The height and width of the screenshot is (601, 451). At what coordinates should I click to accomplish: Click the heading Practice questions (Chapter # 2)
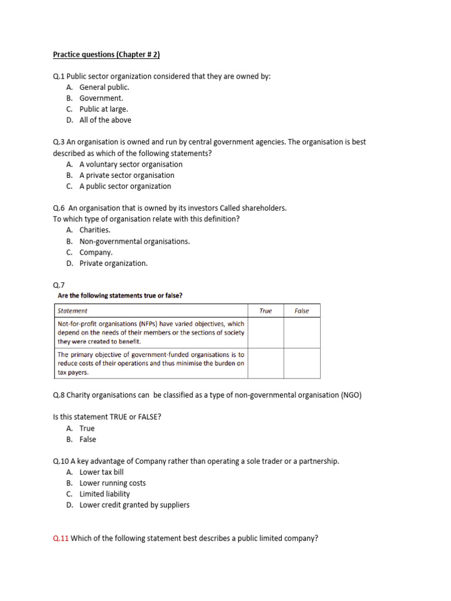pyautogui.click(x=106, y=55)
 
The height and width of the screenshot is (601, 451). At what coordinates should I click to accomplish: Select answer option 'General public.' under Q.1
pyautogui.click(x=105, y=87)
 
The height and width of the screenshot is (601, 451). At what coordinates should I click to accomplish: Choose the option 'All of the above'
pyautogui.click(x=105, y=120)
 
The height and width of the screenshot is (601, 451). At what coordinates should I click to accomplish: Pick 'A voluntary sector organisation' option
pyautogui.click(x=131, y=164)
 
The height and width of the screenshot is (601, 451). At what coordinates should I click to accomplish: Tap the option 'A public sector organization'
pyautogui.click(x=125, y=186)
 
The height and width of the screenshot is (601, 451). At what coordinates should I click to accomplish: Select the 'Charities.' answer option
pyautogui.click(x=95, y=230)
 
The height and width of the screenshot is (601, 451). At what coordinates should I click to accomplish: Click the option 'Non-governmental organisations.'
pyautogui.click(x=134, y=241)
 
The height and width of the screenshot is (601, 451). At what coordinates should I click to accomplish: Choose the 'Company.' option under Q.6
pyautogui.click(x=96, y=252)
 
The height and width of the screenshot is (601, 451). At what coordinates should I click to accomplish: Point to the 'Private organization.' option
pyautogui.click(x=113, y=264)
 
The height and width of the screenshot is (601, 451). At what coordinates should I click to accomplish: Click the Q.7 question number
pyautogui.click(x=59, y=285)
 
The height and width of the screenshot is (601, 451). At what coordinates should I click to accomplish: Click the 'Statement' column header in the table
pyautogui.click(x=72, y=310)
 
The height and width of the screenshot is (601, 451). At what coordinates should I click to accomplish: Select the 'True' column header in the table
pyautogui.click(x=266, y=310)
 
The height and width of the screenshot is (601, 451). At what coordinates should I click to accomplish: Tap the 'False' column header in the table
pyautogui.click(x=302, y=310)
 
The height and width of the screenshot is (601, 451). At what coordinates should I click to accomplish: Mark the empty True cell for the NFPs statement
pyautogui.click(x=266, y=333)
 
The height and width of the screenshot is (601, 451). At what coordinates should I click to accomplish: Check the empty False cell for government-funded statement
pyautogui.click(x=302, y=363)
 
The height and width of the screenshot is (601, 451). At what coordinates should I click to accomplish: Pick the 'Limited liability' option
pyautogui.click(x=105, y=494)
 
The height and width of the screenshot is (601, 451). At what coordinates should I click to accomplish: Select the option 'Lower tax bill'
pyautogui.click(x=102, y=472)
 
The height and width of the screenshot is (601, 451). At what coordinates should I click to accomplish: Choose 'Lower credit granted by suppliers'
pyautogui.click(x=134, y=505)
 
